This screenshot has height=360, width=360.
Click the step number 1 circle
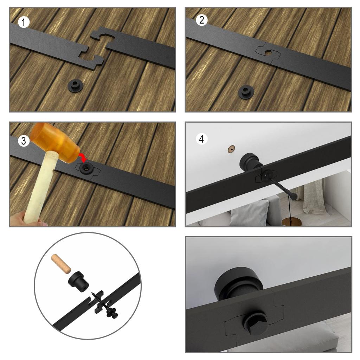24,22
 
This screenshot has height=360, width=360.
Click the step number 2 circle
202,20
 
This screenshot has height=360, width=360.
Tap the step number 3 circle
24,141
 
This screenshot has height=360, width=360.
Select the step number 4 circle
201,139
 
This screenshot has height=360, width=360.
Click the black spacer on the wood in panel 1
76,85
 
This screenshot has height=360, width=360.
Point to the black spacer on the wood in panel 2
246,92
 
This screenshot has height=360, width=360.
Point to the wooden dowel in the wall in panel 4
231,149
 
